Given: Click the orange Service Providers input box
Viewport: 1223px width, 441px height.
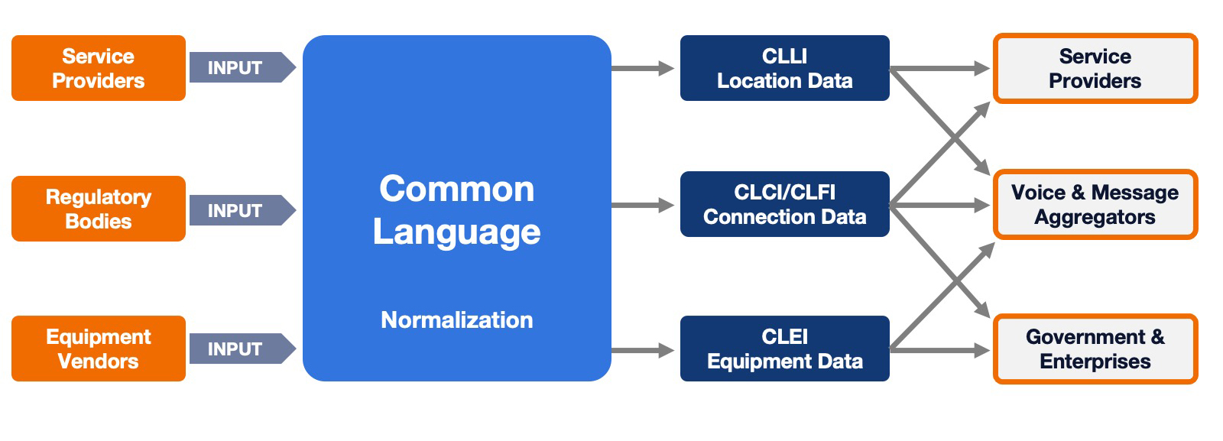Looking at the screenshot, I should click(x=98, y=68).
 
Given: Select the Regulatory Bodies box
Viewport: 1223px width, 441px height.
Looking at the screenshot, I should click(x=98, y=209).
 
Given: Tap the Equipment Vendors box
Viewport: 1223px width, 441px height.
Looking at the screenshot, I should click(x=98, y=349).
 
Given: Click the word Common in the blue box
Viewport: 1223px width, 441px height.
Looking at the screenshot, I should click(x=456, y=189).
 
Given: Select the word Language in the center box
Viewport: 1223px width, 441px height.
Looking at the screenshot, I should click(x=456, y=232).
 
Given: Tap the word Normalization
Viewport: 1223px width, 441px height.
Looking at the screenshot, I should click(x=456, y=319).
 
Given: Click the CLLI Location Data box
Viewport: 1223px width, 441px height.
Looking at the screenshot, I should click(x=784, y=68).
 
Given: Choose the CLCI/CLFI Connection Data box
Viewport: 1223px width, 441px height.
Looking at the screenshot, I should click(x=784, y=204).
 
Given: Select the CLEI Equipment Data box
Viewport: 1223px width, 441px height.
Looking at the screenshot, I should click(x=784, y=349).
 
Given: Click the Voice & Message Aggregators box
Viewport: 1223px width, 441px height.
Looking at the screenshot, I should click(x=1095, y=204).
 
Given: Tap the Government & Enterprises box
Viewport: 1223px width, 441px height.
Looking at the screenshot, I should click(x=1095, y=349).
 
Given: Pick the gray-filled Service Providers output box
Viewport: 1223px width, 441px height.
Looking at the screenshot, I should click(x=1095, y=68).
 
